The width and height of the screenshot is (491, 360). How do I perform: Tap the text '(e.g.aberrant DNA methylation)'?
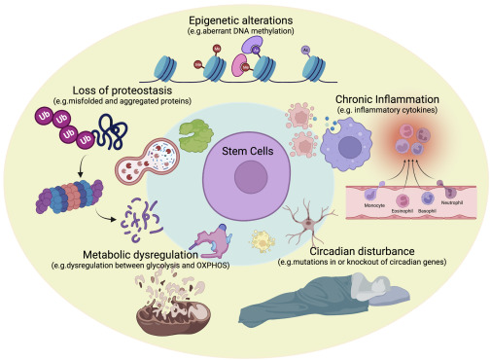click(246, 32)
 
